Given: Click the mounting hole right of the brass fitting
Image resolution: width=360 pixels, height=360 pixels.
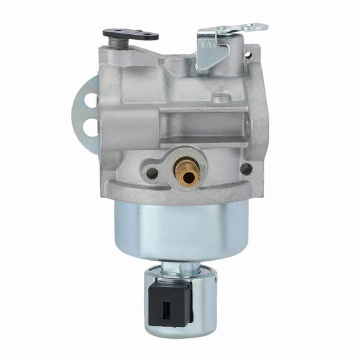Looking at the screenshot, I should pos(246,168).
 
